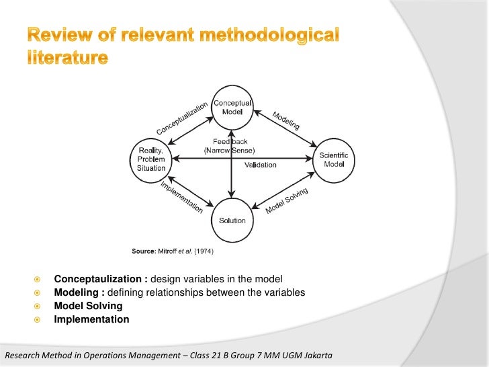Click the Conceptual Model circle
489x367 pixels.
232,108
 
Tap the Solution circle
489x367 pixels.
232,220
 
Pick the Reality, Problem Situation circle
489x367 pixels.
151,159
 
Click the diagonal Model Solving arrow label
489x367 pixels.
287,201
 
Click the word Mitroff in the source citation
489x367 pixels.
168,251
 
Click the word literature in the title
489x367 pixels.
67,58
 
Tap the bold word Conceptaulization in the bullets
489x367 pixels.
101,279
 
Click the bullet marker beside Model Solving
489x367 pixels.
38,307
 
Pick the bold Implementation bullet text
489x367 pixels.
91,320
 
